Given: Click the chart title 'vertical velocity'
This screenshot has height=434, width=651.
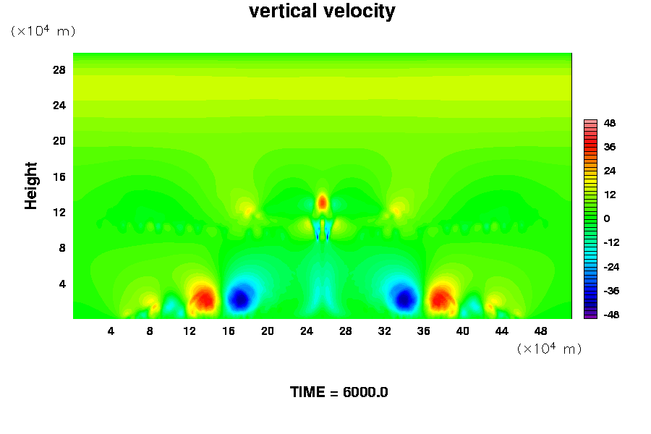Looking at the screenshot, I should [x=322, y=12].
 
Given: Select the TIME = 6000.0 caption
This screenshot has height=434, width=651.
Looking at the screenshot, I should [x=339, y=392].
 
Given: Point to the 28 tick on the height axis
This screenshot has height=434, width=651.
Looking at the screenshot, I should [x=59, y=70].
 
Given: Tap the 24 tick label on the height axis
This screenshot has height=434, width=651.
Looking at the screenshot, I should [x=59, y=106].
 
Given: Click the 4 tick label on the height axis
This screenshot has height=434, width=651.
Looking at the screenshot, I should [x=62, y=284].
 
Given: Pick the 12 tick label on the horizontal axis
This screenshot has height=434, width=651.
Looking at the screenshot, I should [x=190, y=331].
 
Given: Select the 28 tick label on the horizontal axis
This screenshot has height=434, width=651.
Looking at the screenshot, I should [x=346, y=331].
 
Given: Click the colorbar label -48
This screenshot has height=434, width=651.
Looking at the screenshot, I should [x=610, y=315].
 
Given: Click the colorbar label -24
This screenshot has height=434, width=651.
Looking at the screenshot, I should [x=610, y=267].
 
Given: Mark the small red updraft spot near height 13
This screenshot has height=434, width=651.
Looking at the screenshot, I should [x=323, y=202].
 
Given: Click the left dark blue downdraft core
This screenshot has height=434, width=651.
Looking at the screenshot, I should [x=239, y=298].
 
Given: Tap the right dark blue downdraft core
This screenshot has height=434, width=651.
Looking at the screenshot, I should [x=404, y=297].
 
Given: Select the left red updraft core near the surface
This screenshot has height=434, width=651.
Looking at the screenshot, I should [x=205, y=297].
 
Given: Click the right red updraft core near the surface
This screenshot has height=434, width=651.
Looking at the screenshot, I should [x=440, y=297].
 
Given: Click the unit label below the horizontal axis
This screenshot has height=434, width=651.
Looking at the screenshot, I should [x=549, y=349].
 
